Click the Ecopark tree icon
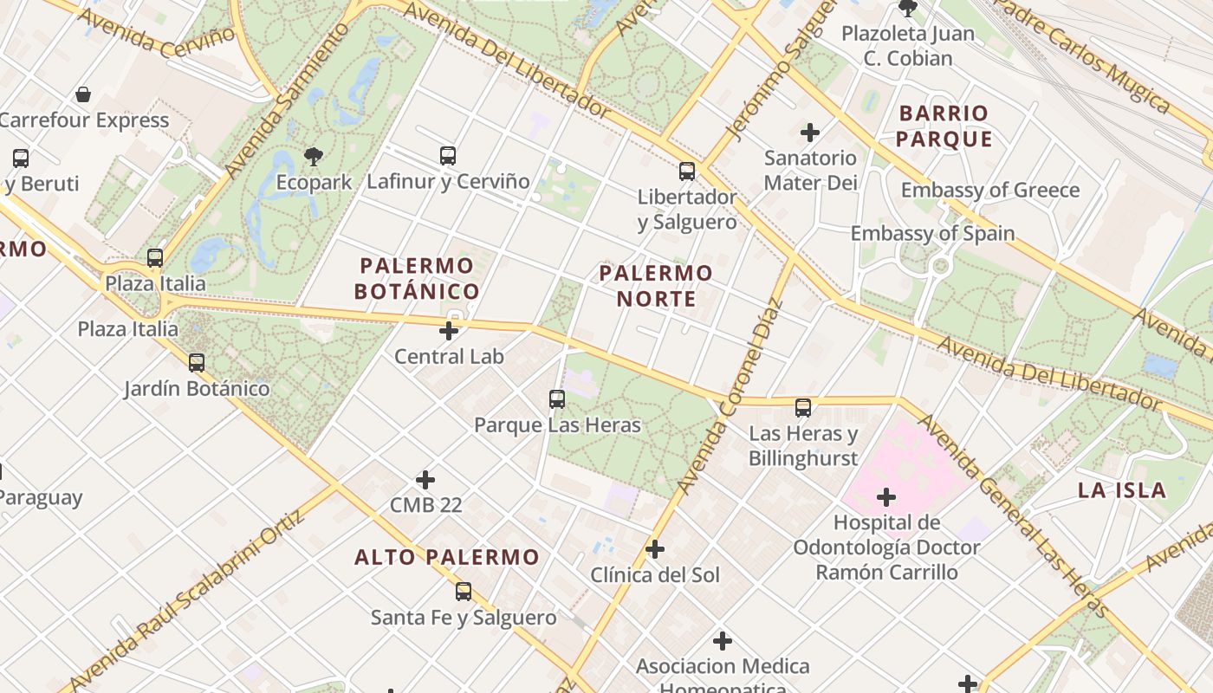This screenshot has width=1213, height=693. click(x=314, y=157)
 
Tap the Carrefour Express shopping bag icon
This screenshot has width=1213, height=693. click(x=83, y=94)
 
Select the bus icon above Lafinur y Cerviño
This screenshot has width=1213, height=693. click(x=448, y=156)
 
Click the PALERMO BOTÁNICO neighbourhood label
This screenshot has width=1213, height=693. click(x=417, y=278)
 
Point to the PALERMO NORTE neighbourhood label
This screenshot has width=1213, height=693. click(x=656, y=286)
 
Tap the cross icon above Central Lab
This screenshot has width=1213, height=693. click(x=449, y=331)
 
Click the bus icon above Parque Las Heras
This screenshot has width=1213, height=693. click(x=557, y=399)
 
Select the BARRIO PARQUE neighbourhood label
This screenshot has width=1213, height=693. click(x=944, y=126)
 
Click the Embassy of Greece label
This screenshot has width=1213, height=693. click(x=990, y=191)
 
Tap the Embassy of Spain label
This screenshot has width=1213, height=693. click(x=932, y=233)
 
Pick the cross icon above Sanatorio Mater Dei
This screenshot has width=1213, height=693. click(x=810, y=133)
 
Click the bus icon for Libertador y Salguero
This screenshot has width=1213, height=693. click(x=687, y=172)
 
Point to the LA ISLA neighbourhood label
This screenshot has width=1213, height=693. click(x=1122, y=490)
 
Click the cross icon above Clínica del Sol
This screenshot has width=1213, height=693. click(x=655, y=549)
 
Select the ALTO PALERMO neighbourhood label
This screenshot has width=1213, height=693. click(x=447, y=557)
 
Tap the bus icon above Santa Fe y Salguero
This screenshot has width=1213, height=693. click(x=464, y=592)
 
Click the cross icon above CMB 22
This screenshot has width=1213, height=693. click(x=425, y=479)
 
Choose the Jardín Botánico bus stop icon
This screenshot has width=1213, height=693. click(x=197, y=363)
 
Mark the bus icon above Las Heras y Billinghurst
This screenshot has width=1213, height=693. click(x=803, y=407)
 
